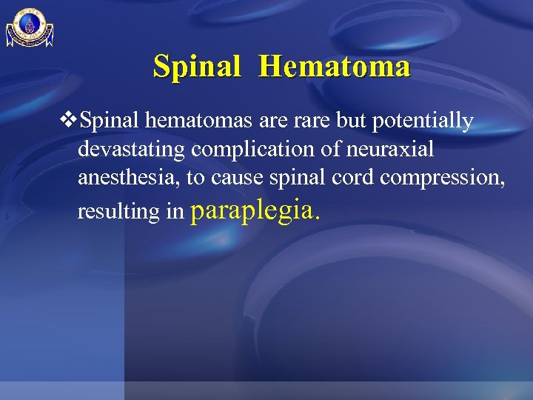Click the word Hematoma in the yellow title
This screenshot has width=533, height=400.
(335, 67)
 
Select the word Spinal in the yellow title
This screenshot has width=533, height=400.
(197, 67)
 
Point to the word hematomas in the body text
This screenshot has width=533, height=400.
(185, 121)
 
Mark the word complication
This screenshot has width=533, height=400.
(249, 150)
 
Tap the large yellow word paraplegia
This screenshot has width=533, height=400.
(256, 210)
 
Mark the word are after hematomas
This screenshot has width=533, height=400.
(247, 121)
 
